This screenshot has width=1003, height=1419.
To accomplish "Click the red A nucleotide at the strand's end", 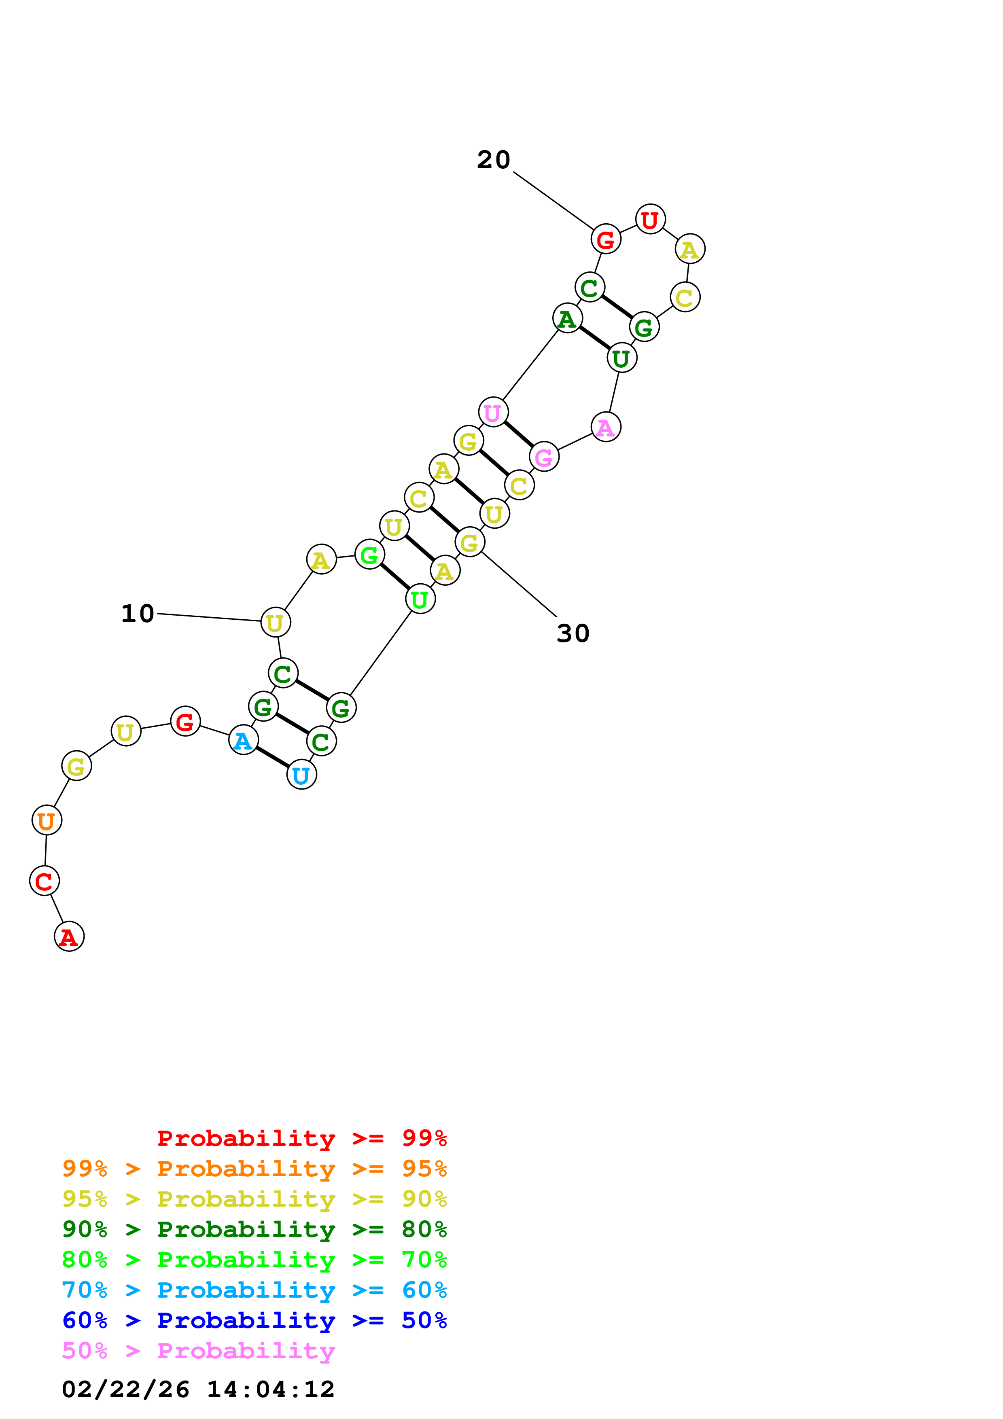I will point(69,936).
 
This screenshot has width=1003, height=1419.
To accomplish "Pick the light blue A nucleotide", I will point(244,740).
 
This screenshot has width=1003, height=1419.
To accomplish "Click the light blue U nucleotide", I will point(301,774).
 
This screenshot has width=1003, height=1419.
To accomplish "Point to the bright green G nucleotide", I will point(369,555).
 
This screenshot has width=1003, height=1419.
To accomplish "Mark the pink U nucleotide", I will point(493,412).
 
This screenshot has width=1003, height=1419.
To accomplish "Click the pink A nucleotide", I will point(606,426).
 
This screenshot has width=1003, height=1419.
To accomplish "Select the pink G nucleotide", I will point(544,457).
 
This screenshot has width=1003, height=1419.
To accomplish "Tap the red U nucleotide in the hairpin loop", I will point(650,219).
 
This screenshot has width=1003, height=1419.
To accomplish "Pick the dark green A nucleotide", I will point(567,318).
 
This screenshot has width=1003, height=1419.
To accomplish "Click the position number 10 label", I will point(137,614).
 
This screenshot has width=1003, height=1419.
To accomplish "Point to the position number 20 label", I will point(493,159).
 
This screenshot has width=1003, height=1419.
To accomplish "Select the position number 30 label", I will point(573,633).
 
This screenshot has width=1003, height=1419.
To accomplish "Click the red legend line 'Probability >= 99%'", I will point(301,1138).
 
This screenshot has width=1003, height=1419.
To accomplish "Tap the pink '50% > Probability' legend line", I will point(198,1350).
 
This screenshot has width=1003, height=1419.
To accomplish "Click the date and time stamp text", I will point(198,1389).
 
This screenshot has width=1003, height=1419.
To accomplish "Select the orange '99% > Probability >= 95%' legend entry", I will point(254,1168).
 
